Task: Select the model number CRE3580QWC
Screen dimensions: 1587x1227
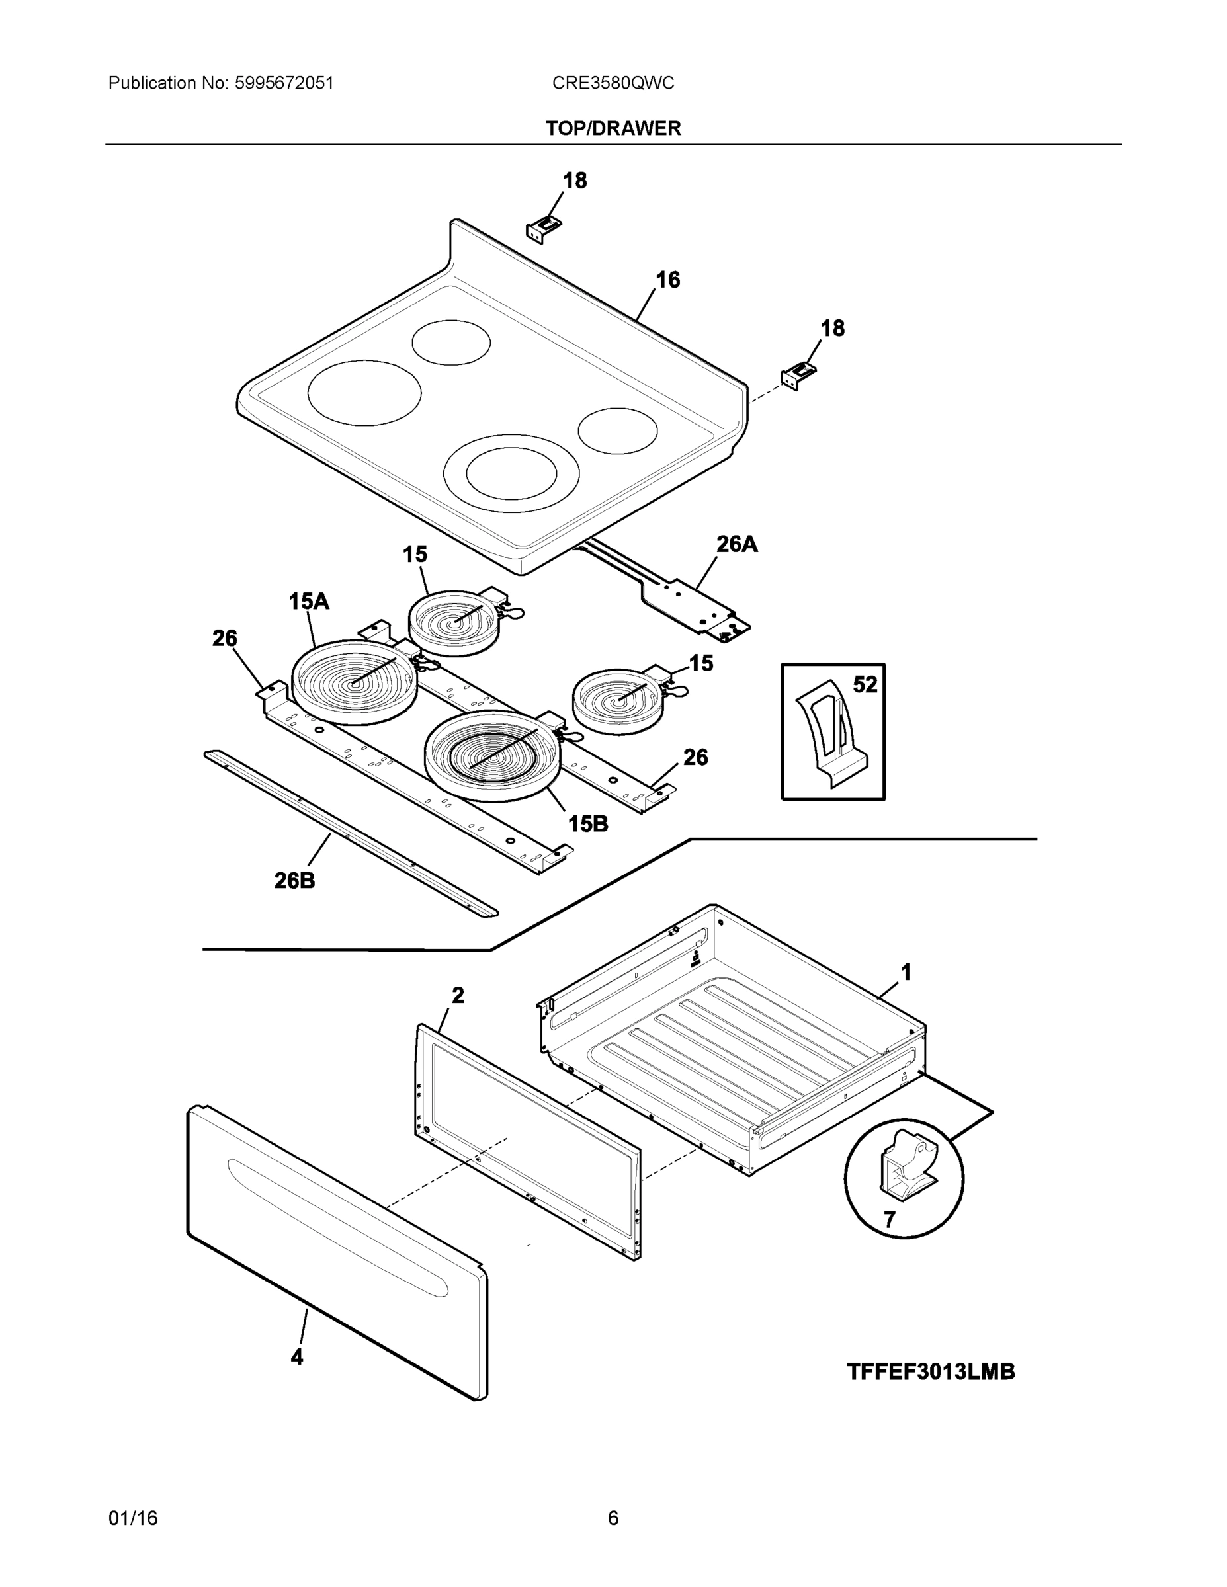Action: click(613, 83)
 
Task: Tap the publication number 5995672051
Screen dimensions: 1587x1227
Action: click(284, 83)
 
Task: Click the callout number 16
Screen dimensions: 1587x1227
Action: click(667, 280)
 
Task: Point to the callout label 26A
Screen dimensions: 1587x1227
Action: click(736, 544)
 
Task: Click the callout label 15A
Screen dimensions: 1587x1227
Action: click(309, 601)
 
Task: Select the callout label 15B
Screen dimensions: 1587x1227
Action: click(587, 823)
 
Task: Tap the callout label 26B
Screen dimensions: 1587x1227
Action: click(294, 881)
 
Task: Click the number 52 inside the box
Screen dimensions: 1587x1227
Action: click(865, 684)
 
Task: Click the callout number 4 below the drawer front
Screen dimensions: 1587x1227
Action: click(296, 1356)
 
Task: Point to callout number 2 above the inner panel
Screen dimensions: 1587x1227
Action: click(457, 995)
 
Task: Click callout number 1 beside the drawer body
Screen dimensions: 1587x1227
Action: click(906, 971)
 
